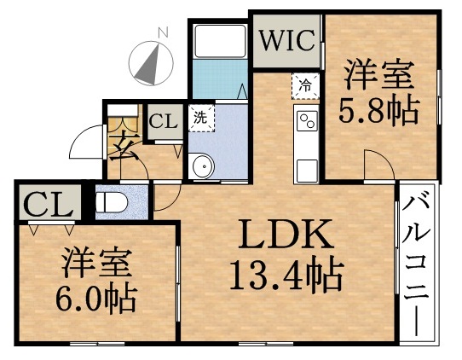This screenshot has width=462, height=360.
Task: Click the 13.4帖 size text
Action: (x=286, y=275)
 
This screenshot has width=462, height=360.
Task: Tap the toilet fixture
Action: (x=112, y=203)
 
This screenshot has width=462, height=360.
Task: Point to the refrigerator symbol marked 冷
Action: (x=304, y=85)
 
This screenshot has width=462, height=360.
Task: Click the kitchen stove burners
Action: (x=305, y=124)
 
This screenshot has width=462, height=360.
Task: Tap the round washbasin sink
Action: (x=201, y=166)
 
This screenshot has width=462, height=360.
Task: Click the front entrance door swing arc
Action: (x=85, y=145)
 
